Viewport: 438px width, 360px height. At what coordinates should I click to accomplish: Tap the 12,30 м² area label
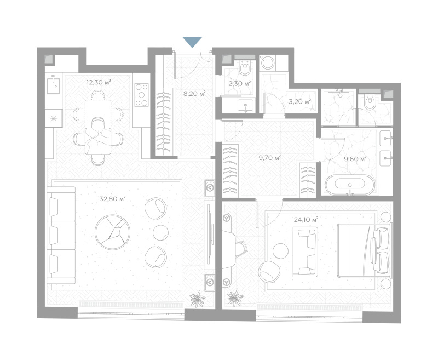(99, 82)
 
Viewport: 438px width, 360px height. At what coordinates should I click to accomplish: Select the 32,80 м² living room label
(113, 199)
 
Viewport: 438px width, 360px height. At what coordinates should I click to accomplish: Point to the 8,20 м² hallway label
(194, 94)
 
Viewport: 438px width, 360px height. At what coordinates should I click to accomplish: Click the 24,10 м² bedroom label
(306, 220)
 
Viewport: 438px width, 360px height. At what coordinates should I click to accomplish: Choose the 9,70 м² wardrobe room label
(269, 158)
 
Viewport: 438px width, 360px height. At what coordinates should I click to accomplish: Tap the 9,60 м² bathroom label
(355, 159)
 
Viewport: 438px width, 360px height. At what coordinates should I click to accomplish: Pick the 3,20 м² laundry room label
(299, 101)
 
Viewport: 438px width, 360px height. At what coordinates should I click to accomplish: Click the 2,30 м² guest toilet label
(239, 83)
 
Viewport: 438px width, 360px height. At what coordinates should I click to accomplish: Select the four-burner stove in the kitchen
(142, 95)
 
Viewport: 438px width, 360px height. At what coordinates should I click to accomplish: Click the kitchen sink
(53, 86)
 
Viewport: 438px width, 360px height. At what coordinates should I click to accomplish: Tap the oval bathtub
(350, 185)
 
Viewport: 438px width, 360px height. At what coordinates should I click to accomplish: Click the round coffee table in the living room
(112, 232)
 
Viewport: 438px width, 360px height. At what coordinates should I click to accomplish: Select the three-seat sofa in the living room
(61, 235)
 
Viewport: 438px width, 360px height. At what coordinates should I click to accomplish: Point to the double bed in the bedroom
(365, 250)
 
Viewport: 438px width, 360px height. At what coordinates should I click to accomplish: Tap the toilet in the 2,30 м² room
(245, 67)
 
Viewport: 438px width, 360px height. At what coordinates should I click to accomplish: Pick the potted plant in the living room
(198, 299)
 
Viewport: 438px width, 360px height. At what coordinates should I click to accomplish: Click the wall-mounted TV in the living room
(209, 235)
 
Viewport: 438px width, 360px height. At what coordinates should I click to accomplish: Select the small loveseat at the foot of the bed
(305, 252)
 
